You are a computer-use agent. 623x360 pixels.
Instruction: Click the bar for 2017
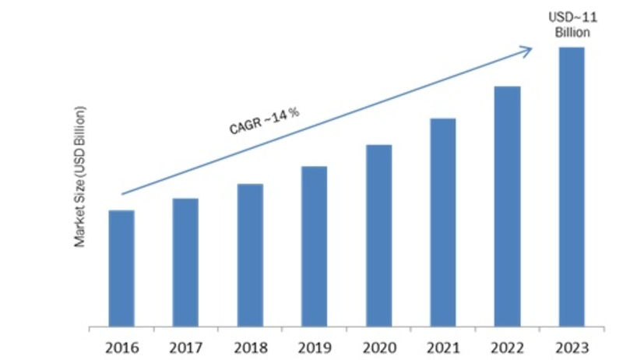coord(185,262)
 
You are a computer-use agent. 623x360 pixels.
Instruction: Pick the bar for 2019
coord(314,245)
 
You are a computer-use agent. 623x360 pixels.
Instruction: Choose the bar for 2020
coord(378,235)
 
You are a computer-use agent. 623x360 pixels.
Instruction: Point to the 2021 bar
coord(442,221)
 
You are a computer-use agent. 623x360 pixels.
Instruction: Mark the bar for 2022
coord(507,205)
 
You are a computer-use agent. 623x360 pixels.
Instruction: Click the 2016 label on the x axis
coord(121,343)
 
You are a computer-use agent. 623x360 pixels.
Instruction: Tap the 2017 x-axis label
coord(185,343)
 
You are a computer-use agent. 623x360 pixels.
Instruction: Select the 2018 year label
coord(250,343)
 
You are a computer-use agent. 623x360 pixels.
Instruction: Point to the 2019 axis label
coord(314,343)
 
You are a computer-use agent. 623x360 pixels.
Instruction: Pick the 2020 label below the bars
coord(378,343)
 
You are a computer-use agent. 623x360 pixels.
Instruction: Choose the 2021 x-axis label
coord(442,343)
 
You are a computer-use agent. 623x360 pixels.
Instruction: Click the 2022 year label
coord(507,343)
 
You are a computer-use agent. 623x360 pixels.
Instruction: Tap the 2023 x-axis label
coord(572,343)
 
